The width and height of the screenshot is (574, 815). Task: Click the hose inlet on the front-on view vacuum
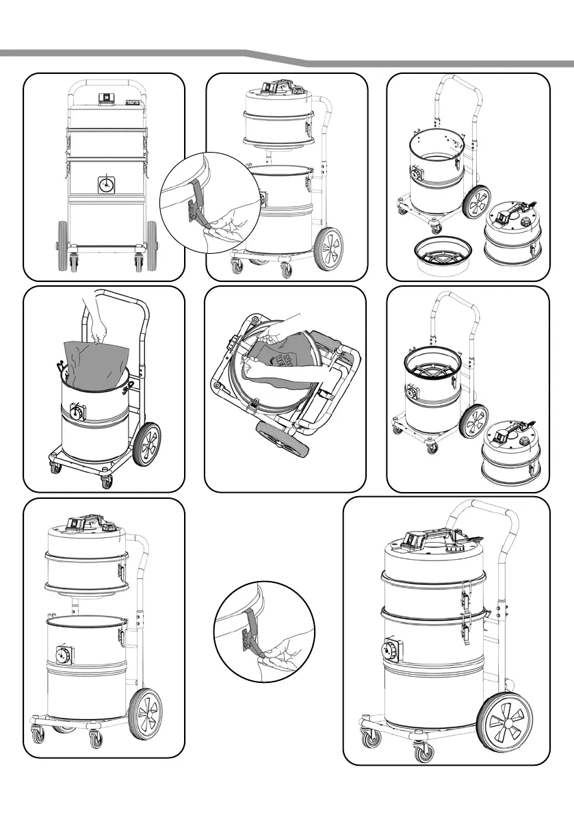coord(106,185)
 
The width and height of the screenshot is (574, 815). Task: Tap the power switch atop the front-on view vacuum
coord(106,99)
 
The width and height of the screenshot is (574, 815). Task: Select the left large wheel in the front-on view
coord(62,243)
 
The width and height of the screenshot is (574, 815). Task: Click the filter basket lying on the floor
coord(443,252)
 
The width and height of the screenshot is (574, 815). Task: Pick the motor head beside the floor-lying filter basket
coord(514,233)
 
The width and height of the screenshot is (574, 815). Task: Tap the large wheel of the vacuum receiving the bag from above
coord(146,445)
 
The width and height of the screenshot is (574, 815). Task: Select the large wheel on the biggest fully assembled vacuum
coord(505,723)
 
